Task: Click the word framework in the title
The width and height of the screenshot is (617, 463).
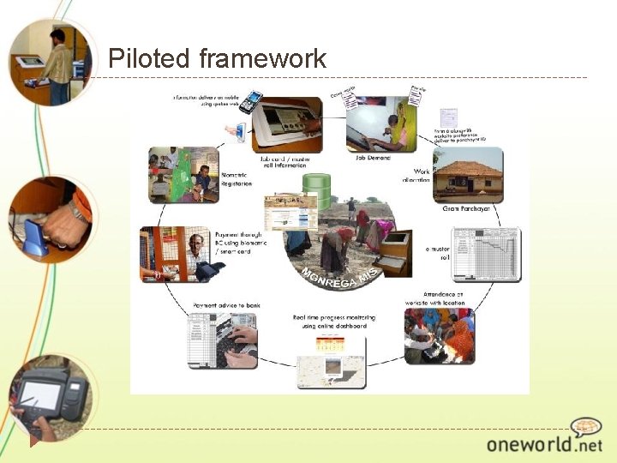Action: point(262,58)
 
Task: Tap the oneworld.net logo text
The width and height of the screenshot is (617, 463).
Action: point(544,444)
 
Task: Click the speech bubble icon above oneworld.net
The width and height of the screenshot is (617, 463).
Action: point(586,427)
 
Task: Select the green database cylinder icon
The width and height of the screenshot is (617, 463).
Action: point(317,187)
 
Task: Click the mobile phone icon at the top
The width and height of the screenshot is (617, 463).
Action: point(250,103)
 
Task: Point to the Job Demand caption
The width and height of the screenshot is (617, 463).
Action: point(373,158)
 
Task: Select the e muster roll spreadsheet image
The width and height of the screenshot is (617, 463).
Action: point(486,254)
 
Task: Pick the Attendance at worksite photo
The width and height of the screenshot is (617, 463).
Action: point(438,336)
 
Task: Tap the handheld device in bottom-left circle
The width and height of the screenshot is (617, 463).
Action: point(51,394)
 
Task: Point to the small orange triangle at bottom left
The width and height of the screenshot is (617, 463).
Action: point(35,442)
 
